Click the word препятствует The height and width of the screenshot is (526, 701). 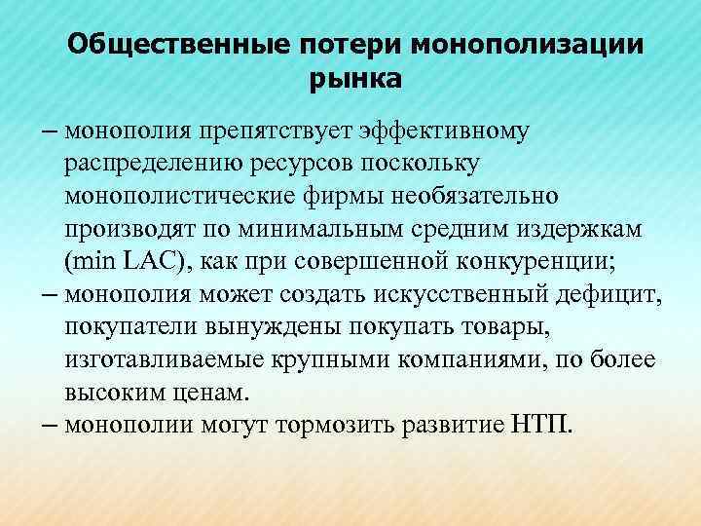pyautogui.click(x=260, y=131)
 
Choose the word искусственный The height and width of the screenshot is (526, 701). pyautogui.click(x=423, y=295)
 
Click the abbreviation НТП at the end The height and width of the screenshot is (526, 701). pyautogui.click(x=547, y=426)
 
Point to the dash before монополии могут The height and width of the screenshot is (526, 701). pyautogui.click(x=49, y=426)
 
